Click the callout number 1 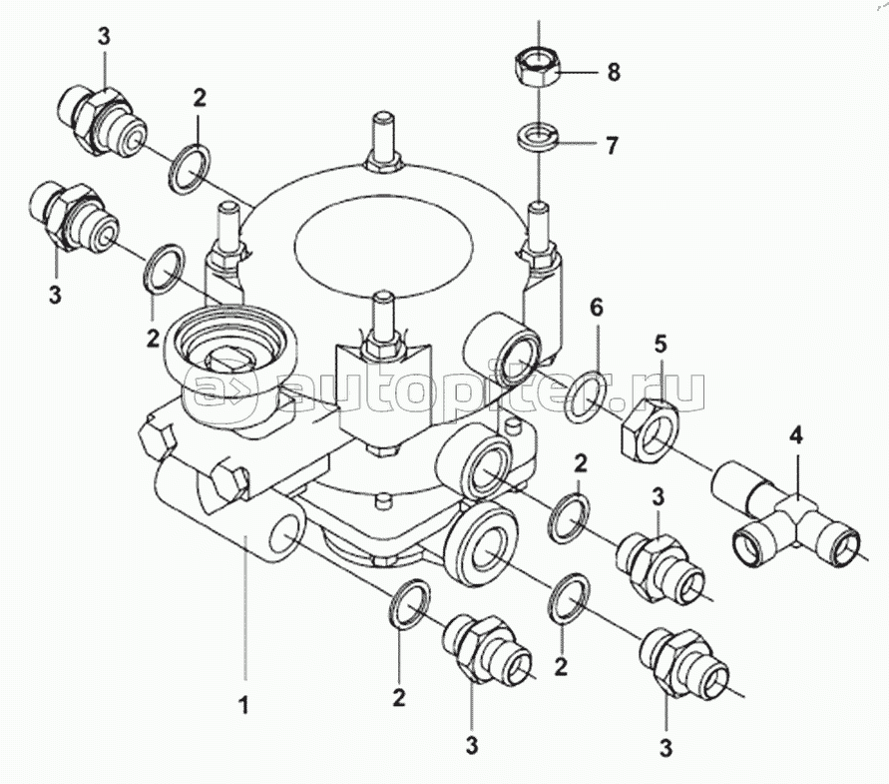pos(243,706)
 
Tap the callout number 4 pos(796,436)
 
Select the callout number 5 pos(662,345)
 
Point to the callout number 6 pos(597,309)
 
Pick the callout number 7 pos(610,146)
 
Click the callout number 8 pos(613,72)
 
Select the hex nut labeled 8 pos(538,67)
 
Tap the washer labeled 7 pos(539,138)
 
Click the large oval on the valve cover pos(384,243)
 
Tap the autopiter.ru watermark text pos(449,392)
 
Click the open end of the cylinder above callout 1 pos(285,533)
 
